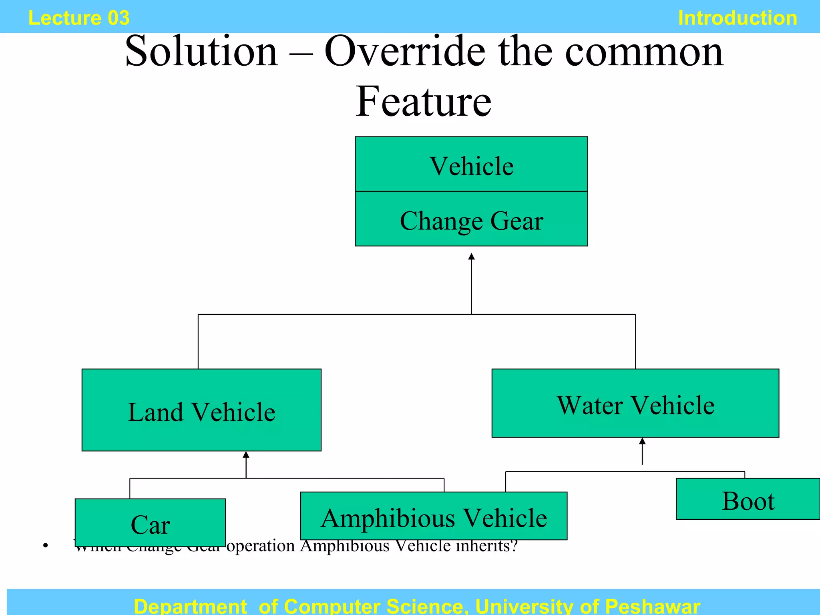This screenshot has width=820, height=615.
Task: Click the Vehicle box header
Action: tap(471, 165)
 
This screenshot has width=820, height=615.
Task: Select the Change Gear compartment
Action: tap(471, 219)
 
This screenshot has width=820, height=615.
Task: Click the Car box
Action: tap(150, 523)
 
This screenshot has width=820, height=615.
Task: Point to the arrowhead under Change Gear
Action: tap(471, 257)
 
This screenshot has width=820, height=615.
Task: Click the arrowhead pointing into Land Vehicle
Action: tap(246, 455)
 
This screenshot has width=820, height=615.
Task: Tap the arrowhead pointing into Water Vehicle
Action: tap(642, 441)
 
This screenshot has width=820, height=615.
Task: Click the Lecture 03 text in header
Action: tap(79, 18)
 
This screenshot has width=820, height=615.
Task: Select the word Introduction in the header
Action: tap(737, 18)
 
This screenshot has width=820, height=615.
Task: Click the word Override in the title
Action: tap(405, 51)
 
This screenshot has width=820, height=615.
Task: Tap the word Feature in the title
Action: tap(423, 102)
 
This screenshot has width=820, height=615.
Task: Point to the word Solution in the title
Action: tap(201, 51)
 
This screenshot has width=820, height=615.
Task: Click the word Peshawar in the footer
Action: tap(652, 606)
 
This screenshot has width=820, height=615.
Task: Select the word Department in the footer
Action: tap(190, 606)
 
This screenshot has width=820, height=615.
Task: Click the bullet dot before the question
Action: tap(46, 545)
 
